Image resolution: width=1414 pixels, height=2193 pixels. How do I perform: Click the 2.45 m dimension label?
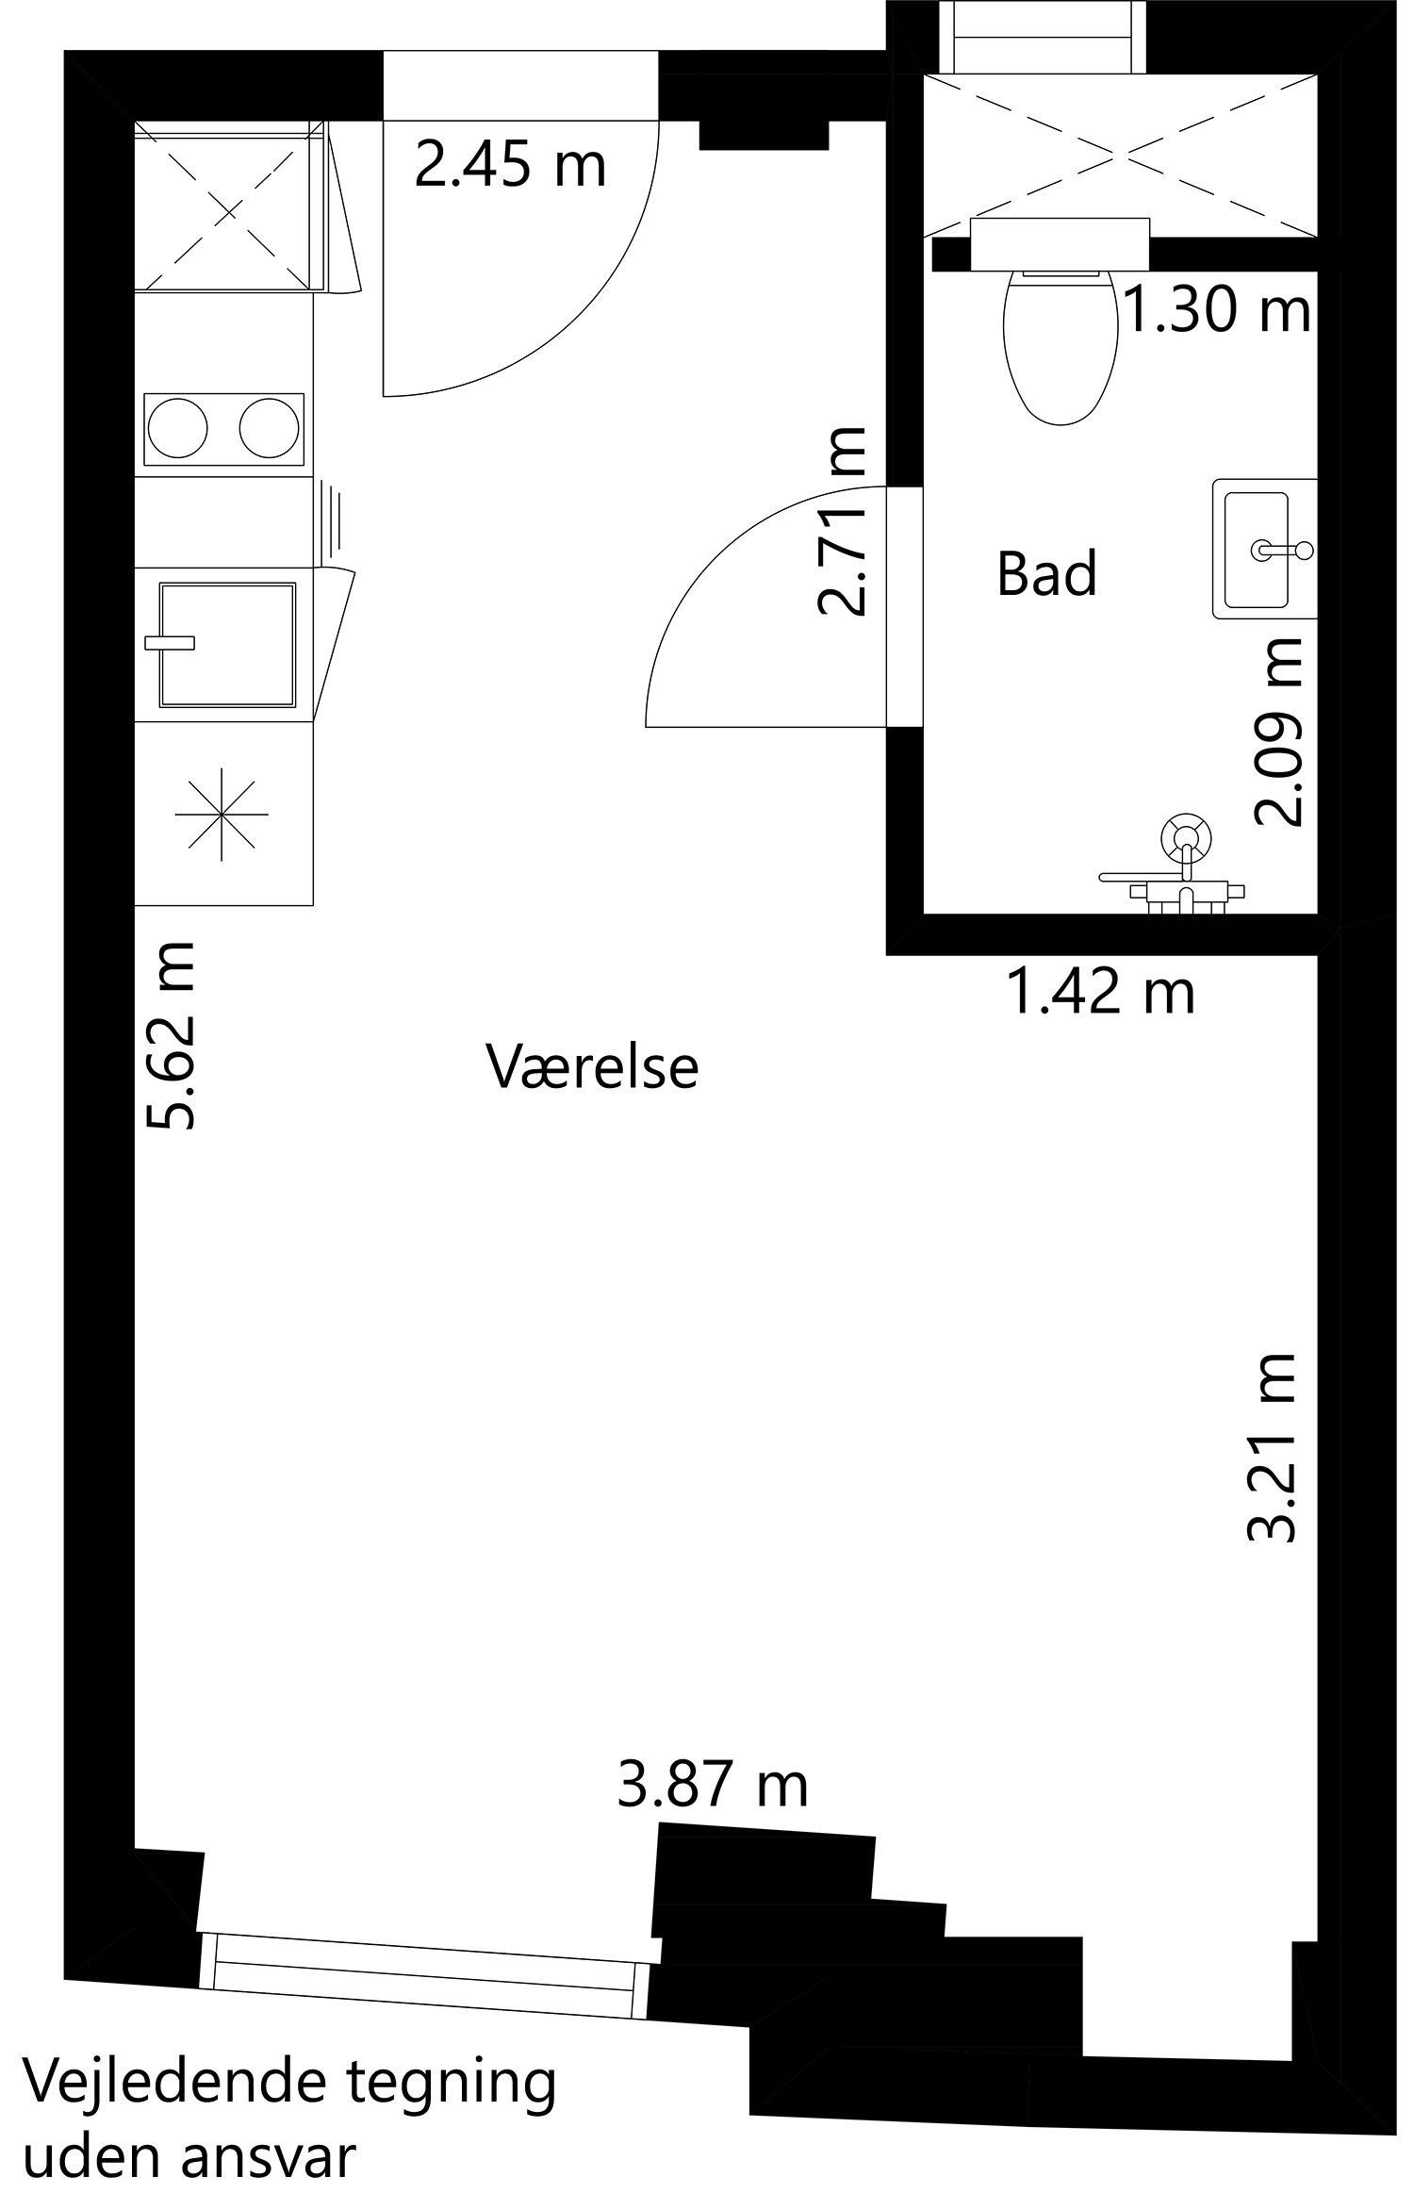coord(510,165)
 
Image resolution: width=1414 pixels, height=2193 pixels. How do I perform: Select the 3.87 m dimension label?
coord(713,1786)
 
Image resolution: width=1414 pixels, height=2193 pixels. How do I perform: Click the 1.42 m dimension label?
coord(1101,993)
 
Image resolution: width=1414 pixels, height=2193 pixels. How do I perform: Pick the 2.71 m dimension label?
coord(842,520)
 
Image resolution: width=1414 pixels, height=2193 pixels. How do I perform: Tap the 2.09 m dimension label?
coord(1279,733)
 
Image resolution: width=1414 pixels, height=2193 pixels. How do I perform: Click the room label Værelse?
coord(592,1066)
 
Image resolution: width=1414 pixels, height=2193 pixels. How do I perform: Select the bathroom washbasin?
coord(1258,549)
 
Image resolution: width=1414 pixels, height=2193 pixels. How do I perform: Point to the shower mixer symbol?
coord(1185,839)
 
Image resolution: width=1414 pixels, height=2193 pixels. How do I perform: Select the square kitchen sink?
coord(227,644)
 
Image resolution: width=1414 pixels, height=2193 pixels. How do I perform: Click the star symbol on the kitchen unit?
coord(222,814)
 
